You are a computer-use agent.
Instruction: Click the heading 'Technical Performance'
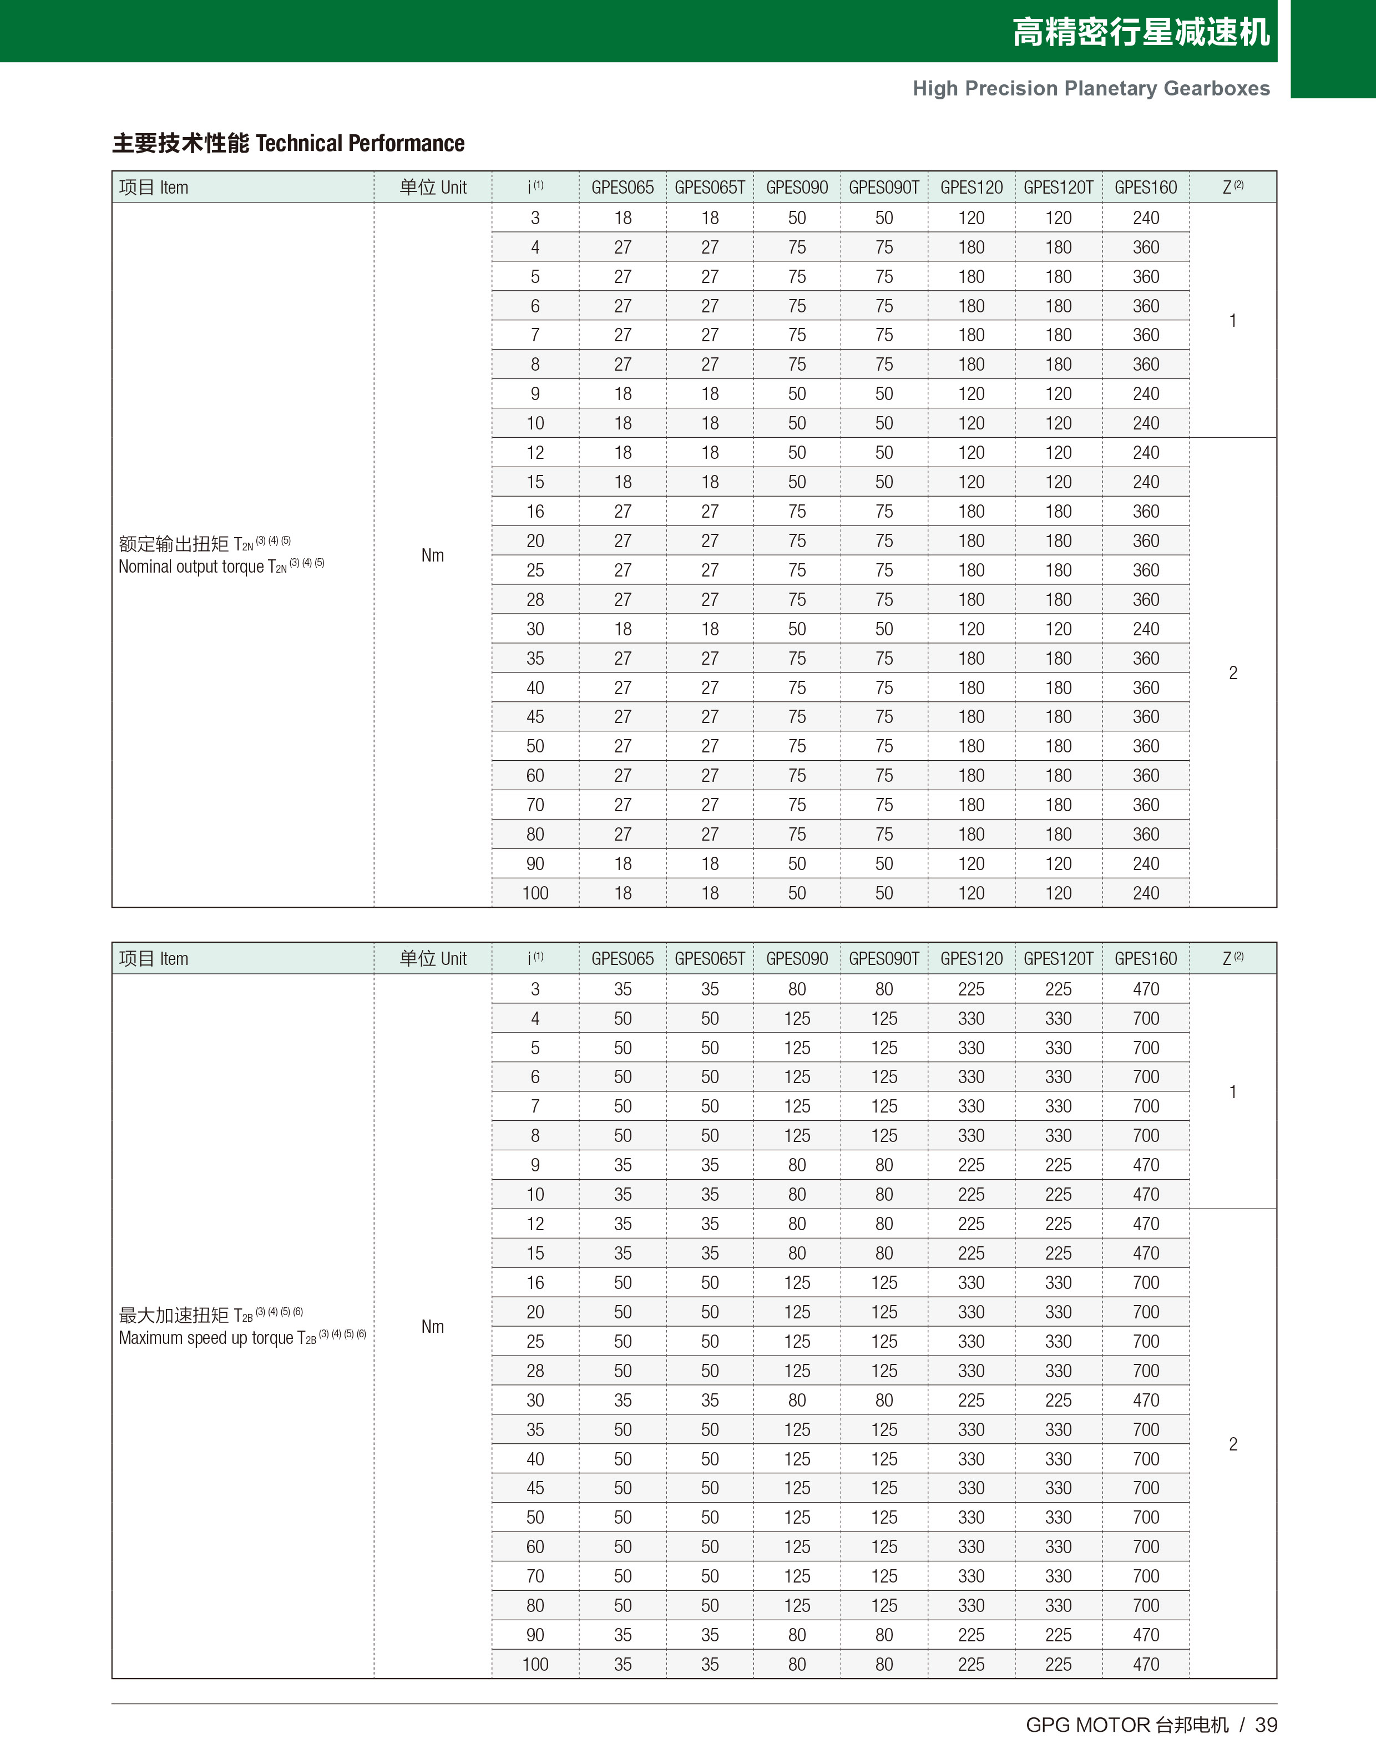360,143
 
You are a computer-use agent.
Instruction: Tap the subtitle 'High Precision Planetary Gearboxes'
1091,89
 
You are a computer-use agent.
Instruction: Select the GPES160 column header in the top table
1146,188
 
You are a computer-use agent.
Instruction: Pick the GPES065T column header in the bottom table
710,958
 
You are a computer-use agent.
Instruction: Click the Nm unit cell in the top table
433,555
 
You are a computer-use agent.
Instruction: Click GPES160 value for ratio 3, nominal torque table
1146,218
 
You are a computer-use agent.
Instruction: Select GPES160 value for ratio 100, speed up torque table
1146,1664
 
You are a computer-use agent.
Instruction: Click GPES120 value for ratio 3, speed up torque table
972,989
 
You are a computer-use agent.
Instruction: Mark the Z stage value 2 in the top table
1233,673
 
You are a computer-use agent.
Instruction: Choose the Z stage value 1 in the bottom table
1233,1091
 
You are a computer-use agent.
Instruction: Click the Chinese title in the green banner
1141,32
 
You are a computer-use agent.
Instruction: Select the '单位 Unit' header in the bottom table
433,958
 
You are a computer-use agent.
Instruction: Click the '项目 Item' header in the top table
154,188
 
